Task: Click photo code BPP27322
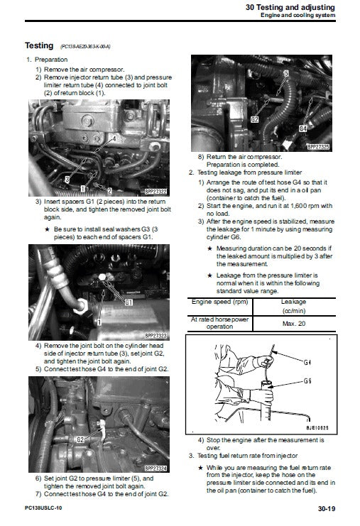[x=155, y=191]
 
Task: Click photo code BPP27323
[x=155, y=334]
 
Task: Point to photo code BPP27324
[x=156, y=469]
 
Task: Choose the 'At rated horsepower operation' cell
[x=221, y=323]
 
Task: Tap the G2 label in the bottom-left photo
[x=80, y=439]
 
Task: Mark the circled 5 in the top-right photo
[x=286, y=73]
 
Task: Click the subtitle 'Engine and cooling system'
[x=307, y=16]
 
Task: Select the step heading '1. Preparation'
[x=48, y=61]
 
